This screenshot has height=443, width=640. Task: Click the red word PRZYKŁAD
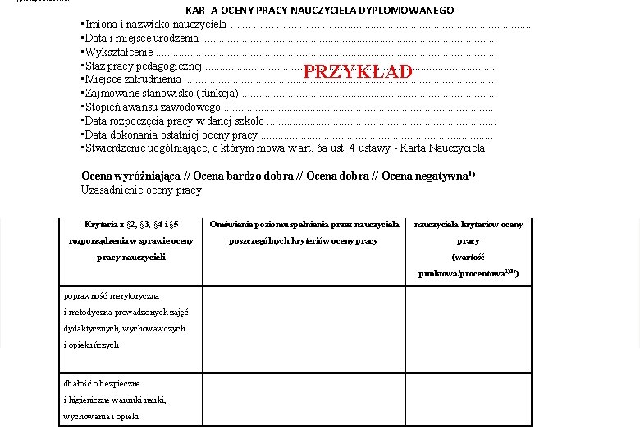point(357,72)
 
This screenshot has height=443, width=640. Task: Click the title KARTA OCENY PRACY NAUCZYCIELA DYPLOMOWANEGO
point(319,11)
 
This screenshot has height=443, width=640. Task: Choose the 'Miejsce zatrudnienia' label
point(132,80)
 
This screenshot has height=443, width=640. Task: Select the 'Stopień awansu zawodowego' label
point(151,107)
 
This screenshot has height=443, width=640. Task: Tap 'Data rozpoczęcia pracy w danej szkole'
point(173,121)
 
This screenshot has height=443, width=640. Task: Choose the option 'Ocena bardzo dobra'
point(243,176)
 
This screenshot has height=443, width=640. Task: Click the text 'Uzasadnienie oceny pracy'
point(141,190)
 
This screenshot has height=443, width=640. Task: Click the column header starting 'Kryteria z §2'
point(131,224)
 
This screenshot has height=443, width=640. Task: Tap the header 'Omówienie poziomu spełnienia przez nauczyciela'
point(304,224)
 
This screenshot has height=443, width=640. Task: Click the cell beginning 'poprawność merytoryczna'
point(123,320)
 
